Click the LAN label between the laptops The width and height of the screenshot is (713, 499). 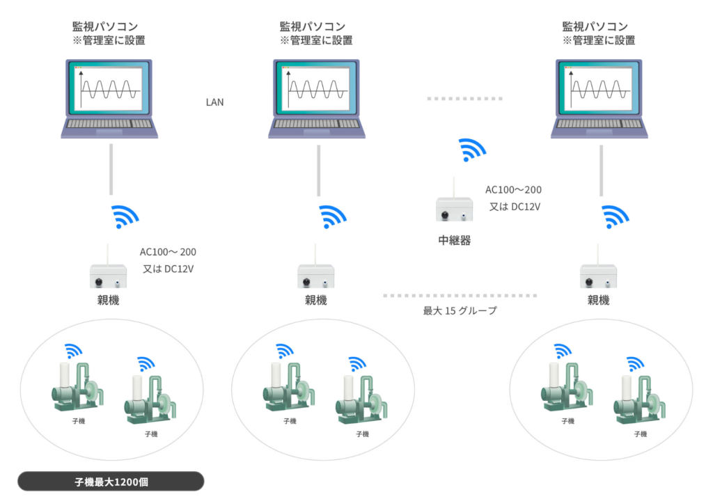pos(214,102)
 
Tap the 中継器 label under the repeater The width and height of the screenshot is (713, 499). pos(454,241)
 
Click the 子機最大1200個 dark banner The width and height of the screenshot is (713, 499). pos(111,482)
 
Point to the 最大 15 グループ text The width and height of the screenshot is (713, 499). pos(460,311)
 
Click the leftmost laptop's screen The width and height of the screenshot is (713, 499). pos(110,89)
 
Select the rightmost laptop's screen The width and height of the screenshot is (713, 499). pos(601,89)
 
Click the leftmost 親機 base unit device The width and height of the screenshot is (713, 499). pos(107,276)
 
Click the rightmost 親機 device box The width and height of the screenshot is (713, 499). pos(599,276)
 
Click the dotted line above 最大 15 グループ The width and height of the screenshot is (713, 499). pos(460,296)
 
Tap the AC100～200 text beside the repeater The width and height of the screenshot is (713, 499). pos(513,189)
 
